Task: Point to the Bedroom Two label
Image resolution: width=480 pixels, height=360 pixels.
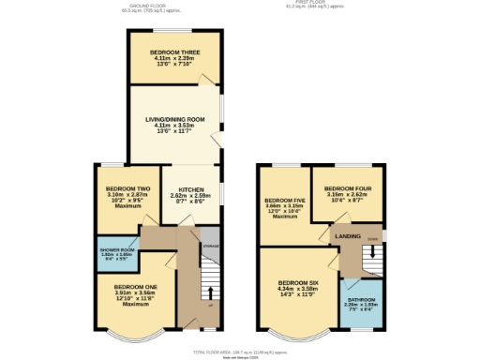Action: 125,188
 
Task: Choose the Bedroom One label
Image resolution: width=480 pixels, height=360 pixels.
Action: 135,286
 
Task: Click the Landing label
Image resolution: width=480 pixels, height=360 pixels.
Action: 349,236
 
